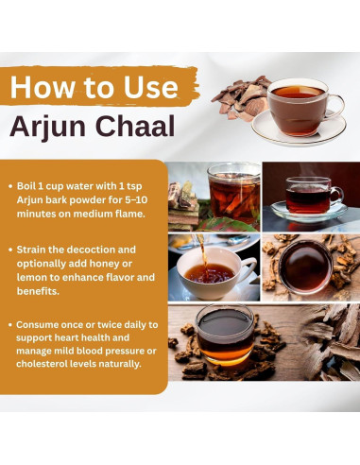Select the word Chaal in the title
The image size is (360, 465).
point(135,126)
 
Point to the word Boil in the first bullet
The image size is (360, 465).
point(26,186)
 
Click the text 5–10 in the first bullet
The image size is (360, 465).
point(137,199)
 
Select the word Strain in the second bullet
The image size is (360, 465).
point(31,250)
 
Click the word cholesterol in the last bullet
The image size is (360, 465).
point(41,364)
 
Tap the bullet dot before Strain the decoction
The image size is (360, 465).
point(10,250)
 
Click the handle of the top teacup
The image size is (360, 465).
point(337,107)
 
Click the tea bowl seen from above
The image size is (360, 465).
point(305,267)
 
